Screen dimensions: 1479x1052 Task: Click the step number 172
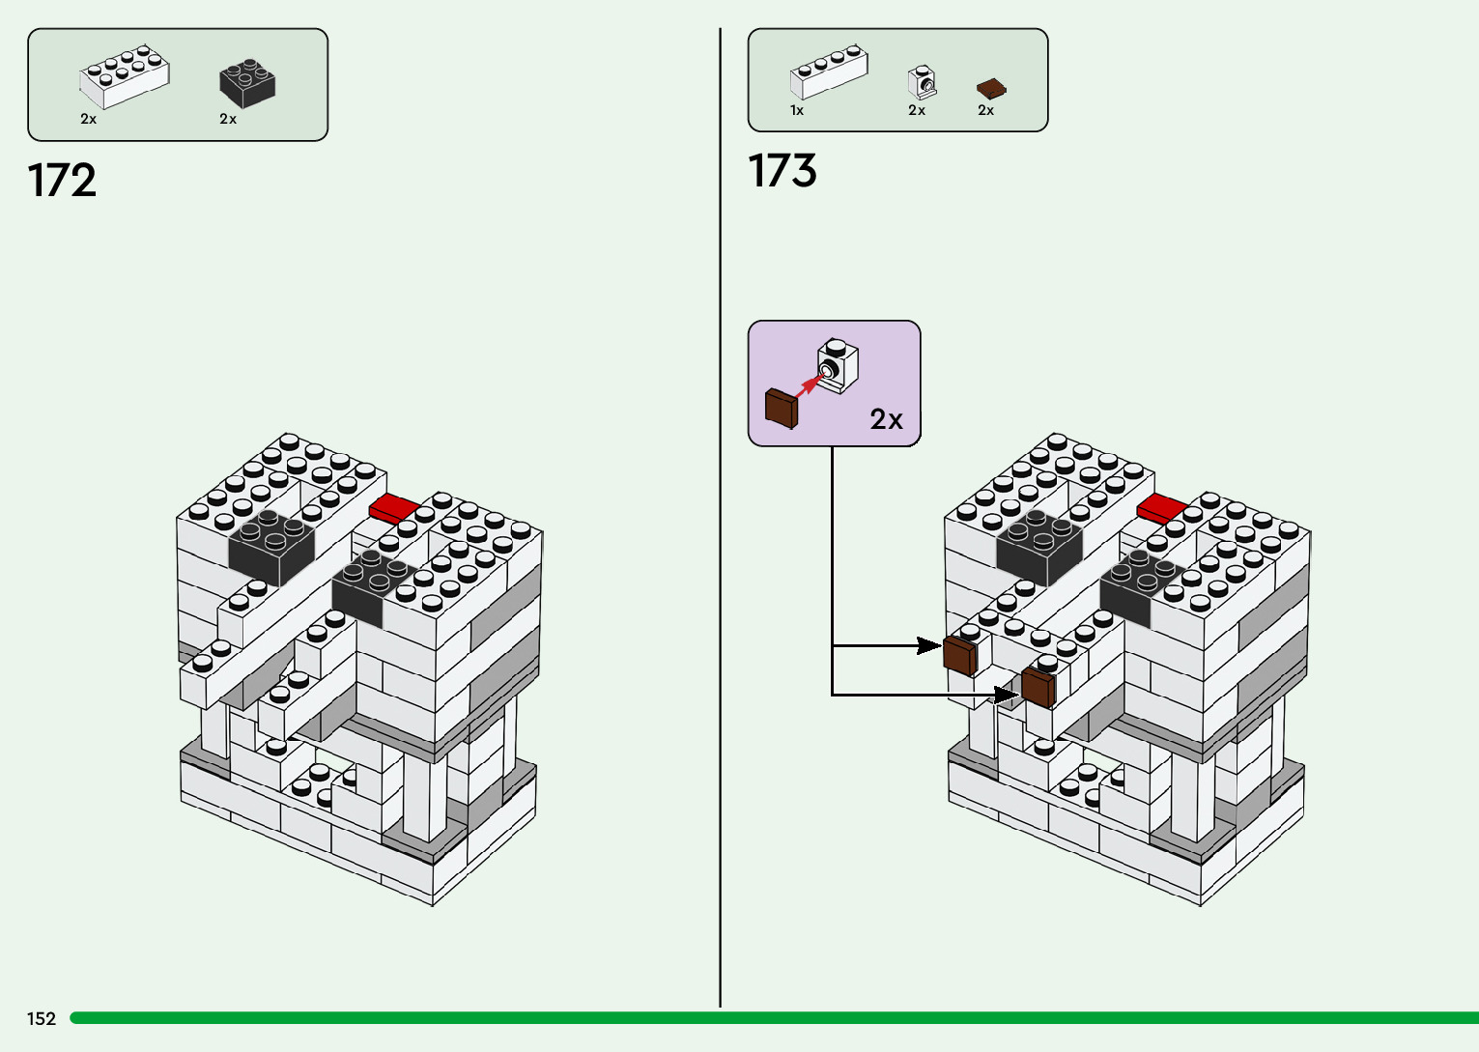click(x=62, y=181)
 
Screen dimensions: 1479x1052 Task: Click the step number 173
click(x=782, y=170)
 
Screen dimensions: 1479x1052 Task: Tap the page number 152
click(x=41, y=1019)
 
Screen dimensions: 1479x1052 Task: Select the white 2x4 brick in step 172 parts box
click(x=124, y=76)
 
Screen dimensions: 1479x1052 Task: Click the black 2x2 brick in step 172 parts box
click(x=247, y=83)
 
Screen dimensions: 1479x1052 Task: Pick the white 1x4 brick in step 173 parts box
click(x=829, y=71)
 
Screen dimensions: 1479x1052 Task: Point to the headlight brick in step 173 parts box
click(x=923, y=82)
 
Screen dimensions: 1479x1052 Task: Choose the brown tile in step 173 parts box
click(x=992, y=89)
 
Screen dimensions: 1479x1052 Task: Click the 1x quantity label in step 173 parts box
click(x=797, y=110)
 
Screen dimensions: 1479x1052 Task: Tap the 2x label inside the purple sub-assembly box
click(x=886, y=419)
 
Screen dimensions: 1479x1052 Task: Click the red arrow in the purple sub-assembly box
click(x=811, y=385)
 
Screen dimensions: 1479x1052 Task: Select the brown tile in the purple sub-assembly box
click(x=782, y=409)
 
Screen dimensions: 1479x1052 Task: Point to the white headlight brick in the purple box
click(x=838, y=366)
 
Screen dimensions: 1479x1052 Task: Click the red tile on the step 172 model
click(x=394, y=508)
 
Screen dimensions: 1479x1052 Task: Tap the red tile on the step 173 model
click(x=1162, y=508)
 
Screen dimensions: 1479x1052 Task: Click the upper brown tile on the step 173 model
click(x=960, y=656)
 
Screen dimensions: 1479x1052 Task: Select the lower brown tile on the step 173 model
click(x=1038, y=688)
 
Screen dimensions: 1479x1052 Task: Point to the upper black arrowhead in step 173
click(x=930, y=646)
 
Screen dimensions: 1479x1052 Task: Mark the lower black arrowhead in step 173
click(x=1007, y=695)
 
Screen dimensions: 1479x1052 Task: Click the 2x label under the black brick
click(x=228, y=119)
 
